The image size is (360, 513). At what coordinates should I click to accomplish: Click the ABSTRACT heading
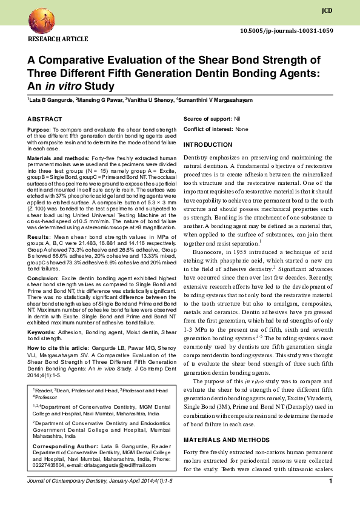pyautogui.click(x=45, y=119)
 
